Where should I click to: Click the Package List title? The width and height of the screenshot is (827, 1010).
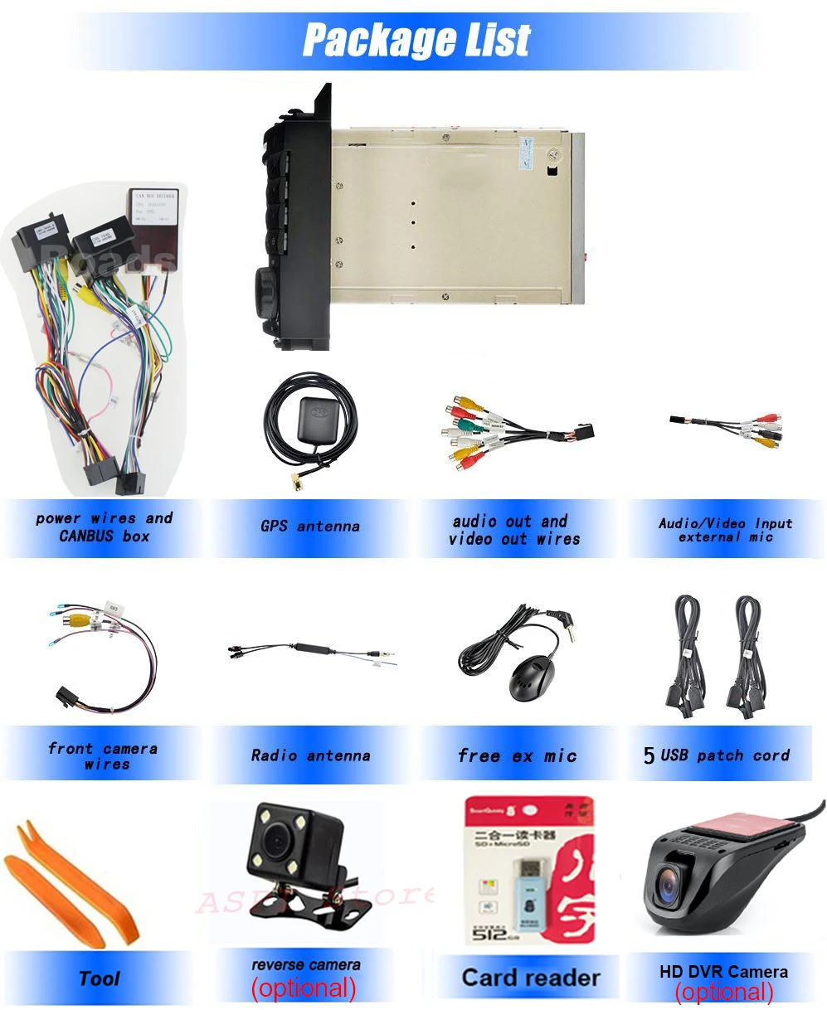[x=416, y=39]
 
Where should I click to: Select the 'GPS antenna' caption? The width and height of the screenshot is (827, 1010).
[x=309, y=526]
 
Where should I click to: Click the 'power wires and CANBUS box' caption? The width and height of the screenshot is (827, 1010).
[x=104, y=527]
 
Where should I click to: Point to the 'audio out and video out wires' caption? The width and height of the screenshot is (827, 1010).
[x=514, y=530]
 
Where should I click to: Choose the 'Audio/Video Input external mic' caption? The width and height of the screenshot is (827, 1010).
[x=725, y=530]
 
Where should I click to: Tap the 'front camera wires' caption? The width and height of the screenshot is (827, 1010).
[x=103, y=755]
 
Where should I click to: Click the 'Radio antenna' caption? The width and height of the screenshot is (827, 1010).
[x=310, y=755]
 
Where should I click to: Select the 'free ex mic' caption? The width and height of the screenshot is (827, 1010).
[x=517, y=755]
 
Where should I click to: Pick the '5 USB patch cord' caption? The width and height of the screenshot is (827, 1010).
[x=717, y=755]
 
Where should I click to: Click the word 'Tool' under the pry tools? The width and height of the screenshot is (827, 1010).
[x=100, y=978]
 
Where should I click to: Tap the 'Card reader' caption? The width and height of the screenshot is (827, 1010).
[x=530, y=978]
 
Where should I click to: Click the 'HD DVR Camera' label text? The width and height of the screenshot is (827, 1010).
[x=723, y=971]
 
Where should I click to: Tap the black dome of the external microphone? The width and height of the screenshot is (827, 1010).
[x=523, y=677]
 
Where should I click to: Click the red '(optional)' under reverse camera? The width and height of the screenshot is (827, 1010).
[x=304, y=988]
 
